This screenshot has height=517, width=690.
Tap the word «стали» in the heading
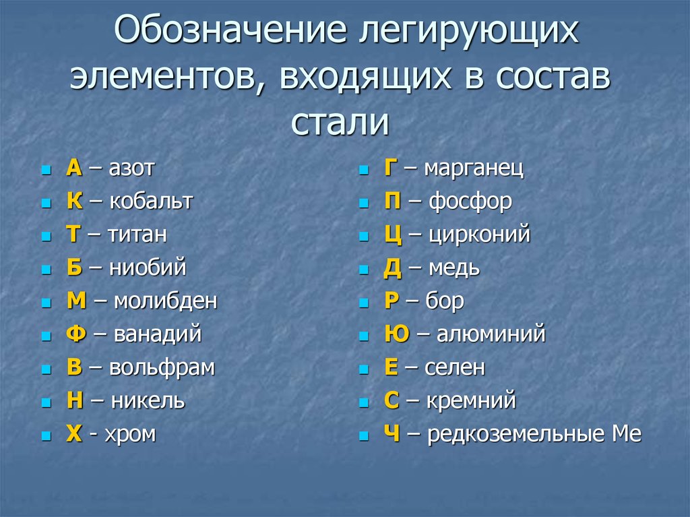pos(340,122)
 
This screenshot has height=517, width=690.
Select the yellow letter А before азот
pos(74,167)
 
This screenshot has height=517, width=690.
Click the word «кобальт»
pos(151,201)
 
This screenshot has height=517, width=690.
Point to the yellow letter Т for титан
pos(73,234)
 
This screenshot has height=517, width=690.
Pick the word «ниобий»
pos(148,268)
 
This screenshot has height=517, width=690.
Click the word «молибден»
pos(166,301)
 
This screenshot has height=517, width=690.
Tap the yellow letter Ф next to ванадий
pos(76,334)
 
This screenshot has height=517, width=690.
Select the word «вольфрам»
pos(162,368)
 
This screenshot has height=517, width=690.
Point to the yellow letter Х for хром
pos(74,434)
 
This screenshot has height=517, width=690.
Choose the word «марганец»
pos(474,169)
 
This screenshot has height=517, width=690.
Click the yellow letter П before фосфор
pos(393,201)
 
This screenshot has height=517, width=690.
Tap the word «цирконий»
pos(479,235)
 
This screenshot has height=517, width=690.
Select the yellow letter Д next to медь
pos(393,268)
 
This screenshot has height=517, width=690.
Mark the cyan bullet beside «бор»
pos(363,303)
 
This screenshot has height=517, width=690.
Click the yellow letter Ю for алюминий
pos(397,334)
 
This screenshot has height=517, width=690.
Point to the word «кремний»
pos(471,401)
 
